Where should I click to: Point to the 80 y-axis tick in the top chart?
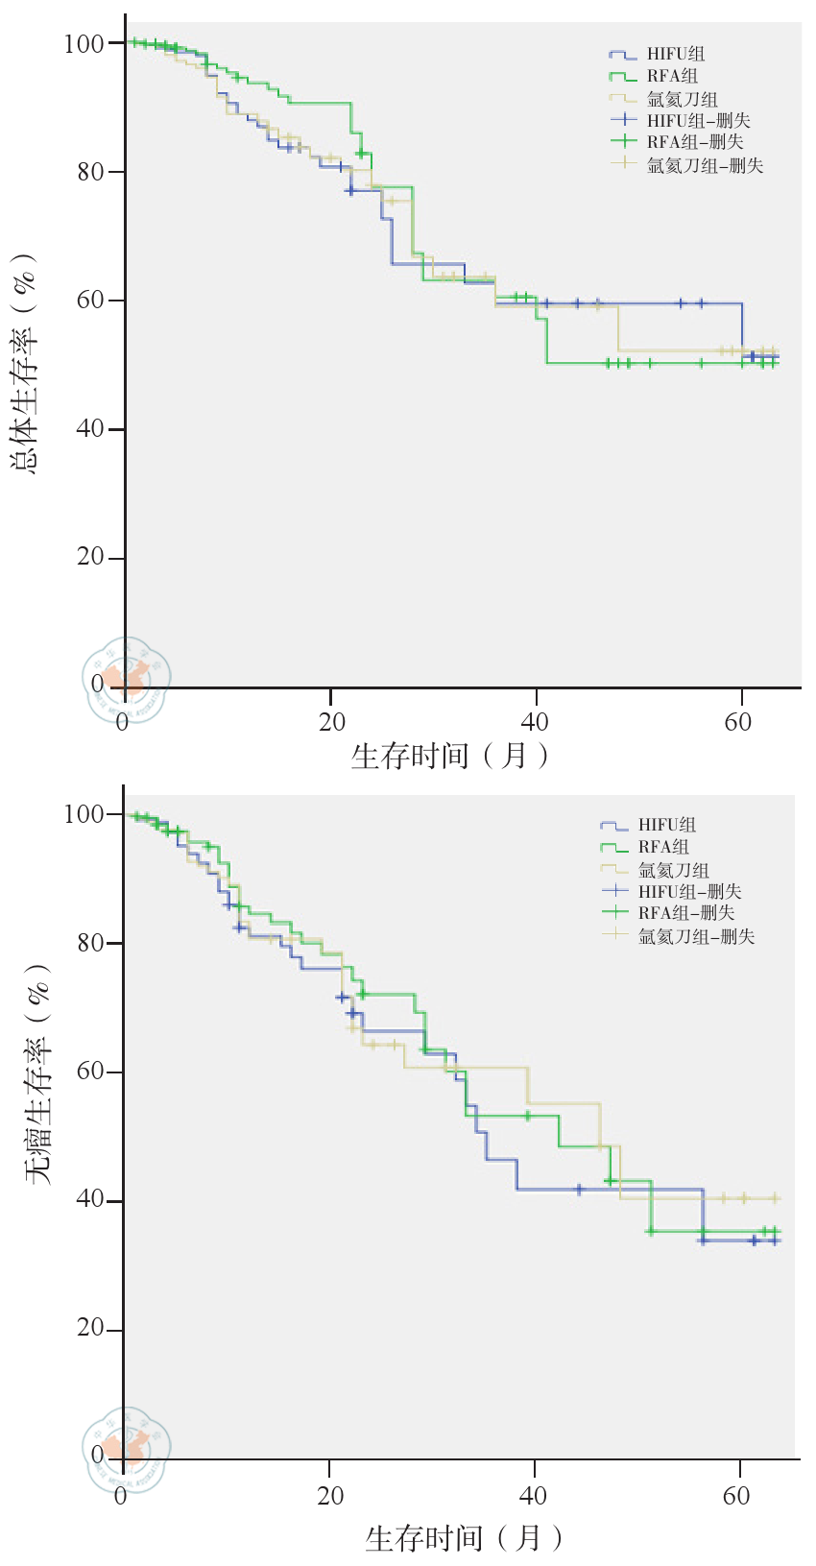[x=94, y=173]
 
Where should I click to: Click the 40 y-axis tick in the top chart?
[x=94, y=429]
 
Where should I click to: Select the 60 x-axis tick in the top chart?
[x=738, y=722]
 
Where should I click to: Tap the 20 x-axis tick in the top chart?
[x=331, y=722]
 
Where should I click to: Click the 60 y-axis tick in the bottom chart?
[x=92, y=1072]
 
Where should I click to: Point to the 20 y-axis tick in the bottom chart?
[x=92, y=1330]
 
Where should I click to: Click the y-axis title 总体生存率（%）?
[x=25, y=364]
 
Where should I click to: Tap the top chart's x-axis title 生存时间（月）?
[x=450, y=757]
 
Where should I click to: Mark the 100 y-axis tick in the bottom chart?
[x=87, y=815]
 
